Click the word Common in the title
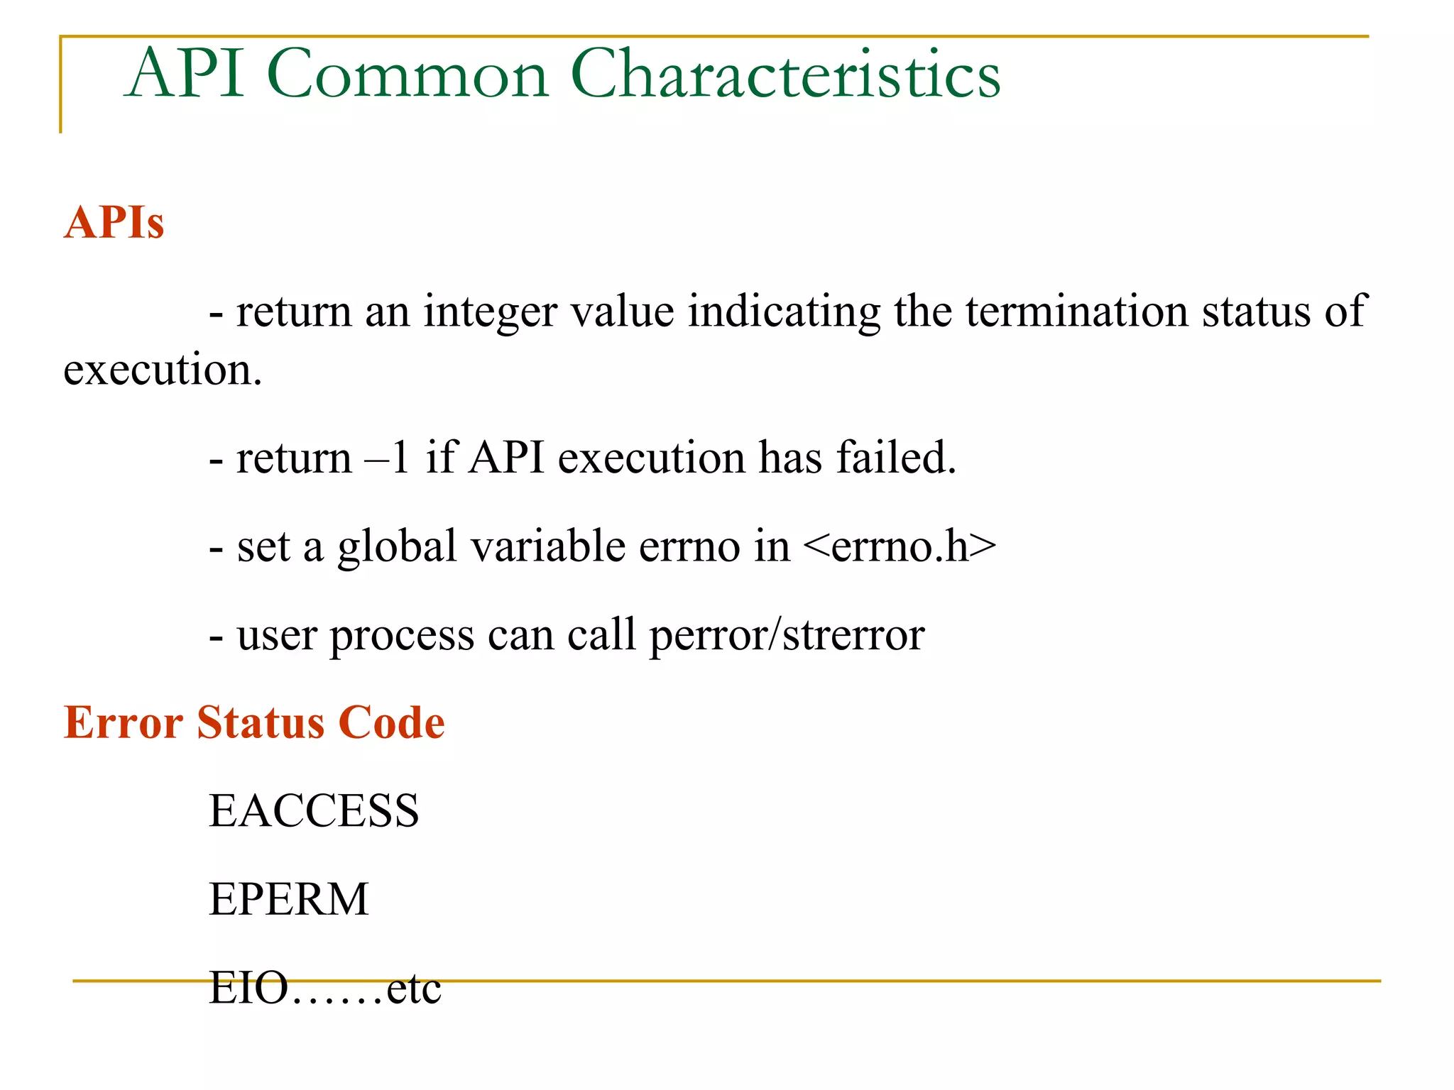(x=408, y=74)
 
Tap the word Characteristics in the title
(x=785, y=74)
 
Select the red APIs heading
(x=114, y=223)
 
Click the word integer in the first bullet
(x=490, y=312)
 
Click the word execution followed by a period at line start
(x=162, y=370)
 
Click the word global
(x=397, y=547)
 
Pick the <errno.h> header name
(x=900, y=546)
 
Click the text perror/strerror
(x=787, y=635)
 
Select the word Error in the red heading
(x=124, y=723)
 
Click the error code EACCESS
(x=314, y=811)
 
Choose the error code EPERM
(x=289, y=900)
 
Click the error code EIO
(x=248, y=988)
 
